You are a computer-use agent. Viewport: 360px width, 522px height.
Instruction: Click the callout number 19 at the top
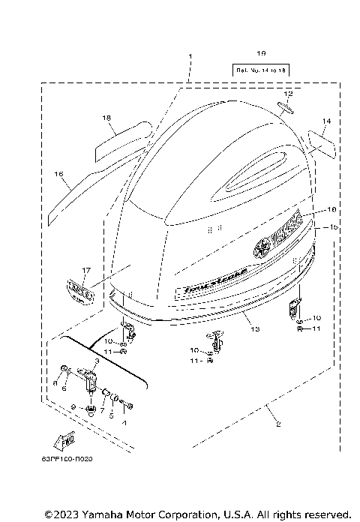coord(261,52)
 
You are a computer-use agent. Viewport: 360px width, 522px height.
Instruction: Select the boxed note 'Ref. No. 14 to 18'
coord(261,69)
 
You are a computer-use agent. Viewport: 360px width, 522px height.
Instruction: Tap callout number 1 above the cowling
coord(190,56)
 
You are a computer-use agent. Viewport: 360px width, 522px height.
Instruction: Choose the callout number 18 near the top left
coord(106,118)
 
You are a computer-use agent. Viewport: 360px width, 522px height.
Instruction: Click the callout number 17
coord(86,270)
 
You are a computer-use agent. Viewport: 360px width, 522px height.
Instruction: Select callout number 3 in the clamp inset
coord(97,361)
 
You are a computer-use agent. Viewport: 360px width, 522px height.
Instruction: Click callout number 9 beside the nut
coord(72,406)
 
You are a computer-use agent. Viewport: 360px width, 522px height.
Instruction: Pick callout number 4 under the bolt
coord(125,421)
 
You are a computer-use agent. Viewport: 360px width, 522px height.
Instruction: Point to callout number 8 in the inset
coord(55,382)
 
